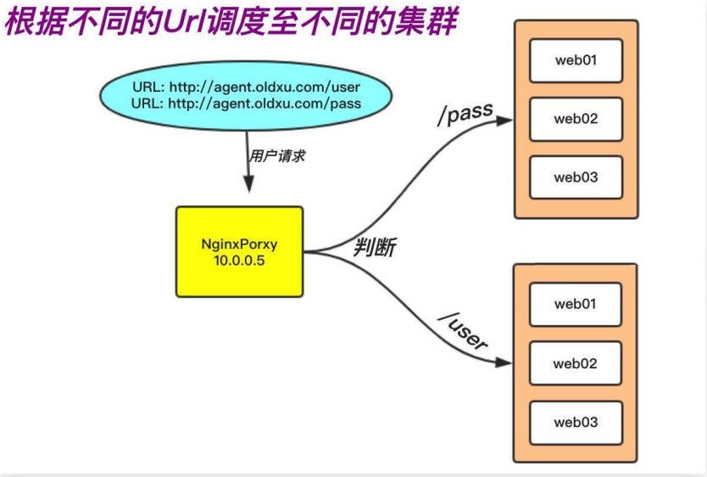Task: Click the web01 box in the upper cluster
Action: tap(576, 59)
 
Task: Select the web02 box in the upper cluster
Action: tap(576, 118)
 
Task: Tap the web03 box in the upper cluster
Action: tap(576, 177)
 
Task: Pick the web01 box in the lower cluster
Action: tap(576, 304)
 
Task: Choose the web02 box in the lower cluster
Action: tap(576, 363)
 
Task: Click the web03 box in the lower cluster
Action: tap(576, 422)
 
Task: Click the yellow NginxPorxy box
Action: tap(240, 251)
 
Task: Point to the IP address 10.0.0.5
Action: tap(240, 261)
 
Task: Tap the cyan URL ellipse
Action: tap(246, 95)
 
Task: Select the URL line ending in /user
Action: tap(247, 87)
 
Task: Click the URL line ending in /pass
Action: tap(247, 104)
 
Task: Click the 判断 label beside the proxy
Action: tap(375, 248)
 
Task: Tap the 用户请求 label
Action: tap(276, 156)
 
